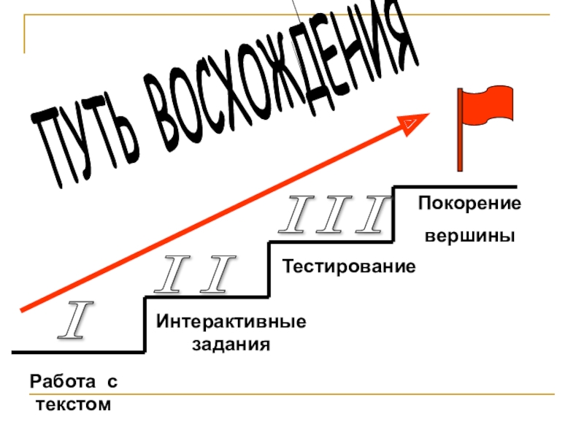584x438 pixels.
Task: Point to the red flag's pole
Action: coord(460,131)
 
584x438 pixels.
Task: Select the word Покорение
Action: coord(469,204)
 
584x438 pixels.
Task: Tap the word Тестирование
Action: coord(350,266)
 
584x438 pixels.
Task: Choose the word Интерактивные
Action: coord(231,322)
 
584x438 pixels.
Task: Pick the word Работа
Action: coord(61,382)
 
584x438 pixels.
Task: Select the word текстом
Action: coord(74,404)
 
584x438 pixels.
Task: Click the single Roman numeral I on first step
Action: coord(73,322)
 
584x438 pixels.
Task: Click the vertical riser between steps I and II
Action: coord(145,324)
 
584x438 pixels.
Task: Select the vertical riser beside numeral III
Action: coord(393,214)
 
